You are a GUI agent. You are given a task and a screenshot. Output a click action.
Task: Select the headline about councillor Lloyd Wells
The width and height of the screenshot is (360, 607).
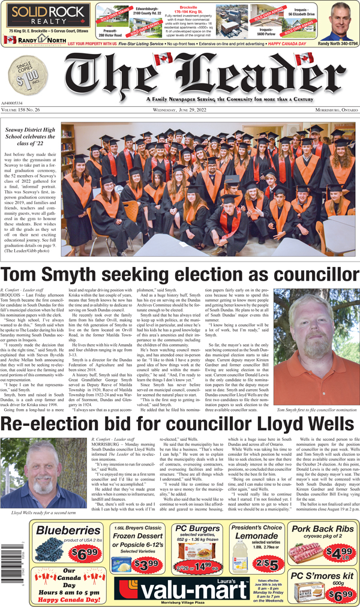click(179, 424)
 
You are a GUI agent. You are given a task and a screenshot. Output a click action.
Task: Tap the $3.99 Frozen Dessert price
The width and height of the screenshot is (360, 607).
click(143, 564)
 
